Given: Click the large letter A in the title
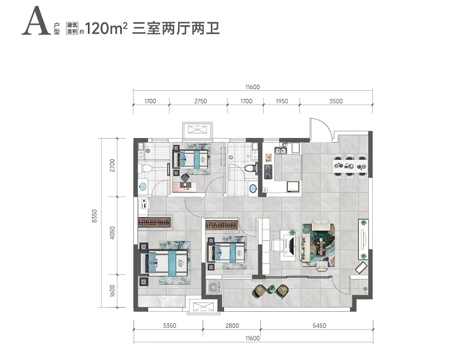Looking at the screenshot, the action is coord(36,21).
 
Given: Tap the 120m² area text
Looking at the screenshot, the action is coord(106,28).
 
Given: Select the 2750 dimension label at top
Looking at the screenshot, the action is coord(200,101).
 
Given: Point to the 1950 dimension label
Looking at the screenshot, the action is coord(282,101).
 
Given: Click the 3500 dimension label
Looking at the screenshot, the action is coord(336,101).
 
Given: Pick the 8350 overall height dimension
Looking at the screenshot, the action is coord(95,216).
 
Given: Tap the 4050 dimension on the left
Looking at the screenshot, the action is coord(112,233).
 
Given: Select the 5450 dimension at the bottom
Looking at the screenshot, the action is coord(319,325).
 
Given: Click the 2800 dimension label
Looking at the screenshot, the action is coord(232,325).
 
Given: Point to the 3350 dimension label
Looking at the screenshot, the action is coord(169,325).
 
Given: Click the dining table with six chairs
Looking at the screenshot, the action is coord(350,166).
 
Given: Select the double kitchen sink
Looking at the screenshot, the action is coord(280,150).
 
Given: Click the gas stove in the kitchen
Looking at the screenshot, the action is coord(268,171).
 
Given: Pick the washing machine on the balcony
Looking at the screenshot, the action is coord(213,287).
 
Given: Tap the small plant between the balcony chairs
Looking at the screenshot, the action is coord(272,288).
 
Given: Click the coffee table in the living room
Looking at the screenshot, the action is coord(320,246).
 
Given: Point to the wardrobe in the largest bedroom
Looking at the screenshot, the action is coord(155,223).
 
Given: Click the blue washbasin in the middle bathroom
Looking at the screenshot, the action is coord(253,189).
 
